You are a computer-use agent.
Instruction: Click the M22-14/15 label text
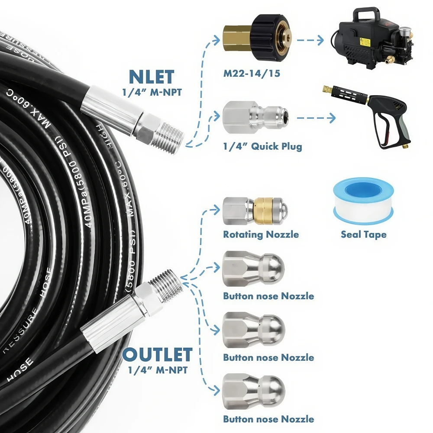tap(252, 74)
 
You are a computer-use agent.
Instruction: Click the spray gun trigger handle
tap(389, 126)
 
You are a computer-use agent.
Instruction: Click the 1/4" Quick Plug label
tap(262, 146)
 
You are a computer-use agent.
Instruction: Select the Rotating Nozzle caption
tap(261, 235)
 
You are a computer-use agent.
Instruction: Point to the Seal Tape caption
tap(363, 235)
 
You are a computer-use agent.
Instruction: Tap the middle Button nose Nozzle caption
tap(268, 358)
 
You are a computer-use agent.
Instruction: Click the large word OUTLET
tap(157, 355)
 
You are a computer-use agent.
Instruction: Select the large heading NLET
tap(151, 77)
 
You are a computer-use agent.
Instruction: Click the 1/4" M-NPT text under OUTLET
tap(157, 371)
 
